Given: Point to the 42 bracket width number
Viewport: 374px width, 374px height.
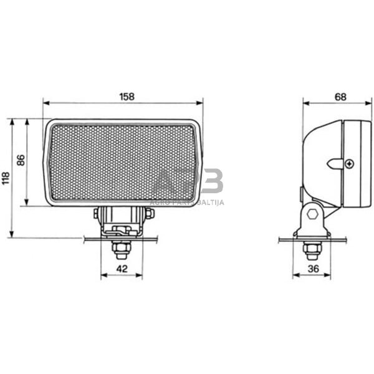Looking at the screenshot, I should tap(122, 269).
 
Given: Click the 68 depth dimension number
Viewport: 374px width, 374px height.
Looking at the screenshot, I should tap(340, 97).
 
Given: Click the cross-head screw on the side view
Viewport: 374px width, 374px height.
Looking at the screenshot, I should tap(349, 164).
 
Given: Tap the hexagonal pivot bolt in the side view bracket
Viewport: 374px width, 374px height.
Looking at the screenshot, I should tap(312, 215).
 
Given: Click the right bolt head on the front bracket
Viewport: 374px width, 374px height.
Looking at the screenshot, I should tap(149, 214).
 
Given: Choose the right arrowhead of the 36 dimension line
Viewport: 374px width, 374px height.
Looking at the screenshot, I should tap(329, 275).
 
